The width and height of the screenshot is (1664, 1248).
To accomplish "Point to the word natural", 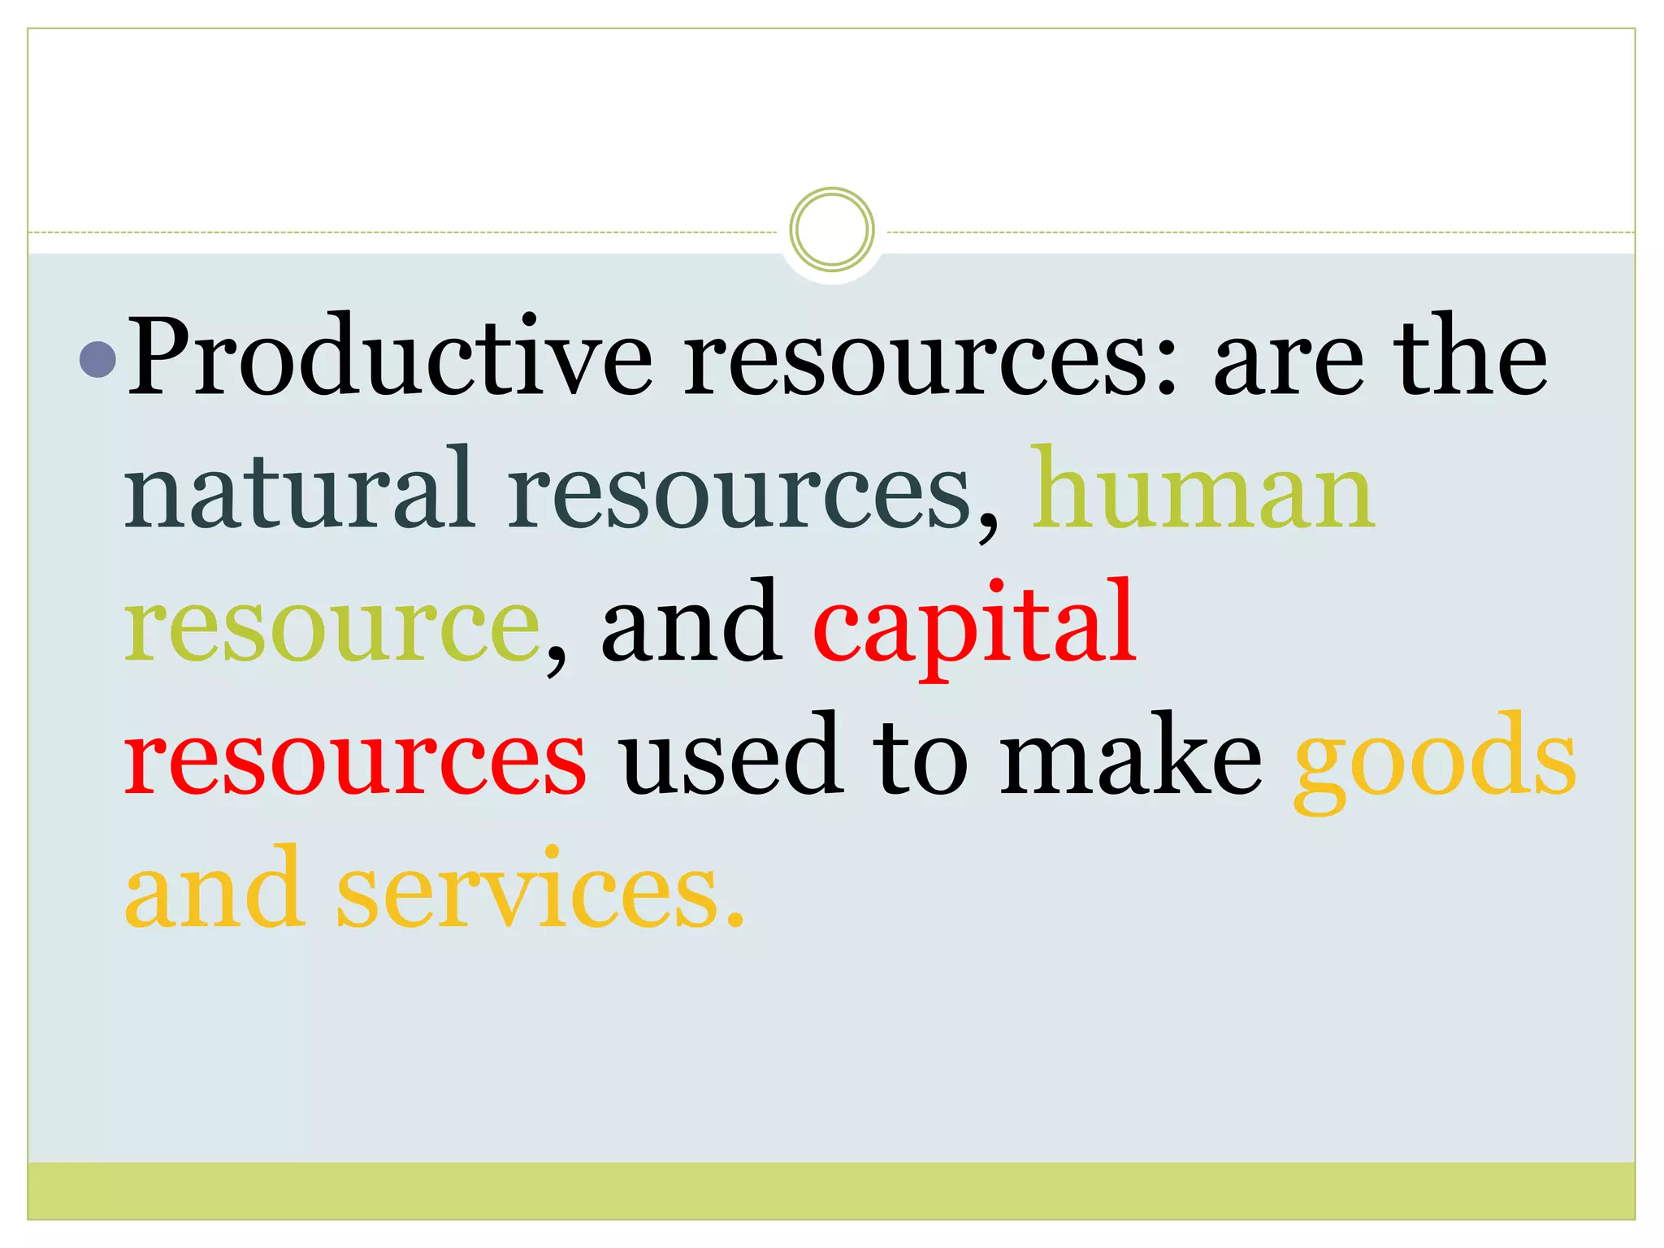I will (x=299, y=492).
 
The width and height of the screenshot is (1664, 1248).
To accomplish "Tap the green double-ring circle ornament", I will (x=831, y=229).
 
